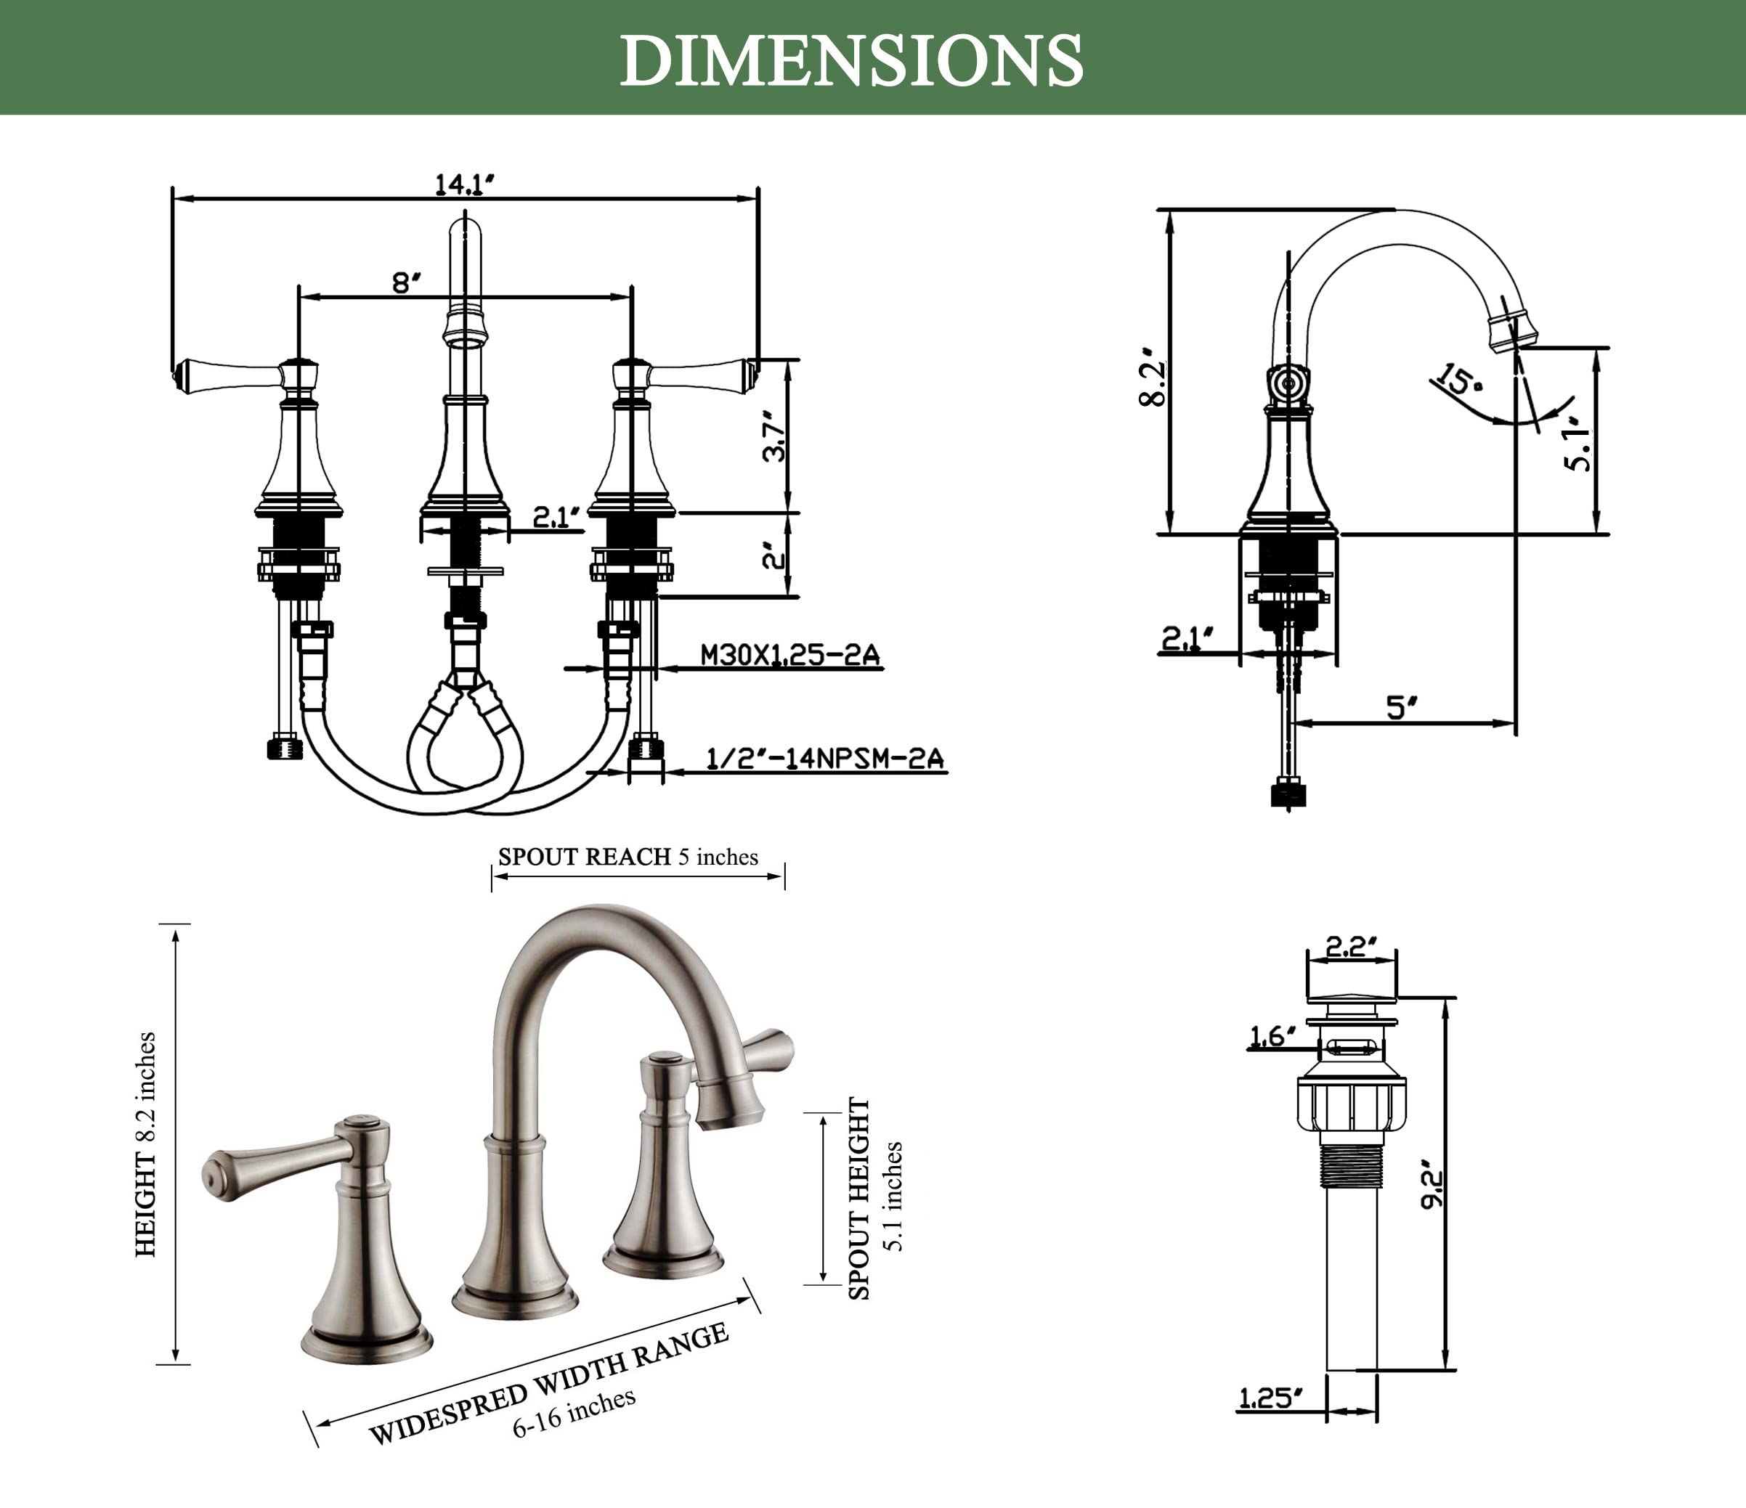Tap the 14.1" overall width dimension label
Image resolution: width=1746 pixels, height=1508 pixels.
[x=464, y=184]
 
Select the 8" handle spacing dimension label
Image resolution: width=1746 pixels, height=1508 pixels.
[x=406, y=282]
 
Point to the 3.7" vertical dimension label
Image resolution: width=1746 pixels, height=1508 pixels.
[x=774, y=436]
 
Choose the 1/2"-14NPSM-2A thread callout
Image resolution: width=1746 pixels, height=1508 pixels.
[x=825, y=758]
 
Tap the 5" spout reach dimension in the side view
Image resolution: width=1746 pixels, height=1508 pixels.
[x=1403, y=707]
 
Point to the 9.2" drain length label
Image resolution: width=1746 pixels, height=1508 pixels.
[x=1432, y=1188]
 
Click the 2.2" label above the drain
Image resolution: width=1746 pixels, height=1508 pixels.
[x=1351, y=947]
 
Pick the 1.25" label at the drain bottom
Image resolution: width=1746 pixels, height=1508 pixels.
[x=1271, y=1398]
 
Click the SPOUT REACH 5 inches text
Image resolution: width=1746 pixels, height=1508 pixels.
[x=628, y=857]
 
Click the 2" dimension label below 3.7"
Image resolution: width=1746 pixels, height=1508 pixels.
[x=774, y=557]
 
